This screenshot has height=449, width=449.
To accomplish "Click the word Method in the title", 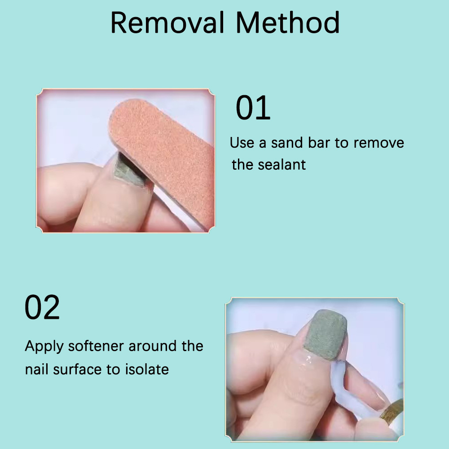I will [288, 23].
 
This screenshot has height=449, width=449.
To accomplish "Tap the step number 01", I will [253, 108].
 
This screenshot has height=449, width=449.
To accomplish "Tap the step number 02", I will [42, 308].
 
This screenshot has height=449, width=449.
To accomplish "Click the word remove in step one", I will [379, 143].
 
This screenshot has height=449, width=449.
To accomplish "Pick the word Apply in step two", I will [42, 347].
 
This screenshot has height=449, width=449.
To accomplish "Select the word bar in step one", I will [319, 143].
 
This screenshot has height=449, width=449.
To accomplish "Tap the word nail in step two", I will [37, 370].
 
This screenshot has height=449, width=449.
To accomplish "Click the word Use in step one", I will [242, 143].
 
